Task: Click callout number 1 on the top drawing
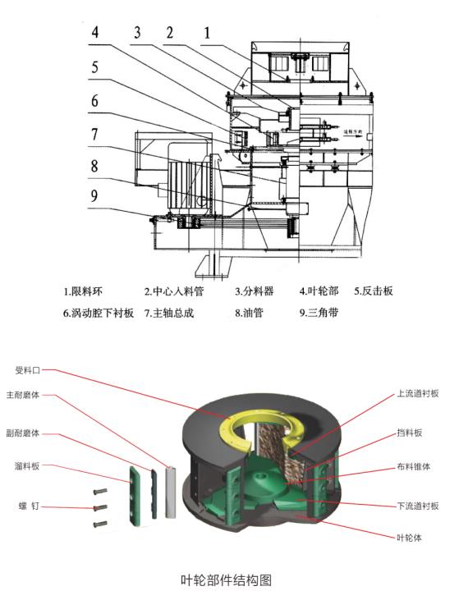point(207,33)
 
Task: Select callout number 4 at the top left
point(96,34)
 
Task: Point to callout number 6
point(96,102)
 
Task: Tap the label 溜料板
point(33,468)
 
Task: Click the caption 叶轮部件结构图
point(226,579)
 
